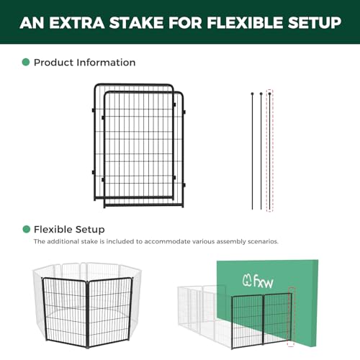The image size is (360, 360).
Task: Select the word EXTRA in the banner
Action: pyautogui.click(x=77, y=23)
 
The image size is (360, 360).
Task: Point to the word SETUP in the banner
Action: pyautogui.click(x=315, y=23)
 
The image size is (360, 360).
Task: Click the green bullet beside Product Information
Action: pyautogui.click(x=26, y=62)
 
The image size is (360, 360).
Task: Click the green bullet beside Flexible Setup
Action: pyautogui.click(x=26, y=229)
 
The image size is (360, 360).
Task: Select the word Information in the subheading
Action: pyautogui.click(x=106, y=63)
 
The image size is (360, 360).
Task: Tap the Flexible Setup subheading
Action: pyautogui.click(x=69, y=230)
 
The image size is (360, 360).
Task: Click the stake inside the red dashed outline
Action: pyautogui.click(x=270, y=151)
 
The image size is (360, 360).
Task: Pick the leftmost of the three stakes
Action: pyautogui.click(x=253, y=151)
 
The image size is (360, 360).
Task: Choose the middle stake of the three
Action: pyautogui.click(x=261, y=151)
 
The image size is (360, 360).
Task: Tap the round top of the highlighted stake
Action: pyautogui.click(x=270, y=94)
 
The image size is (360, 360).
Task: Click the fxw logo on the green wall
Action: pyautogui.click(x=258, y=281)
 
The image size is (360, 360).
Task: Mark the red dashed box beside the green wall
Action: pyautogui.click(x=291, y=317)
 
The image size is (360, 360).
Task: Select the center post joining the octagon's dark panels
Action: pyautogui.click(x=87, y=315)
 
